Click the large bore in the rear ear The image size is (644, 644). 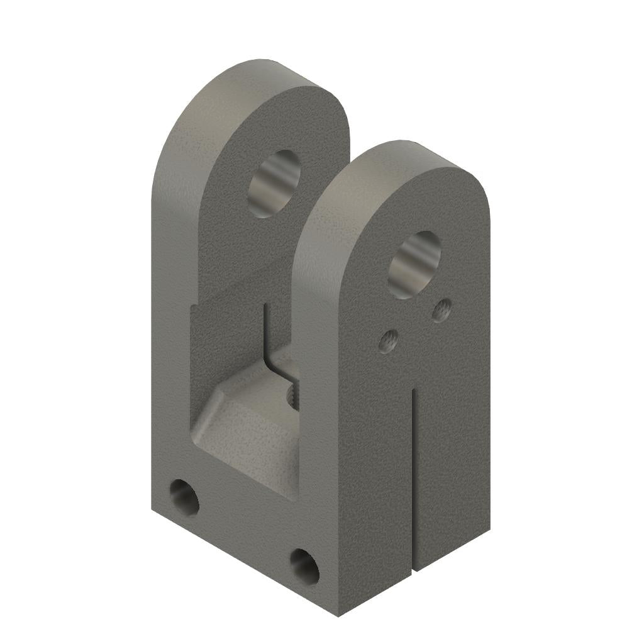(x=274, y=184)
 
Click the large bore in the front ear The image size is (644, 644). (x=414, y=264)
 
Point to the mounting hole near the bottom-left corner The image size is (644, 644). (x=184, y=497)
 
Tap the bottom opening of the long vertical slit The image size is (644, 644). (x=414, y=570)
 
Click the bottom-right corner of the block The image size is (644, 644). (x=489, y=530)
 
